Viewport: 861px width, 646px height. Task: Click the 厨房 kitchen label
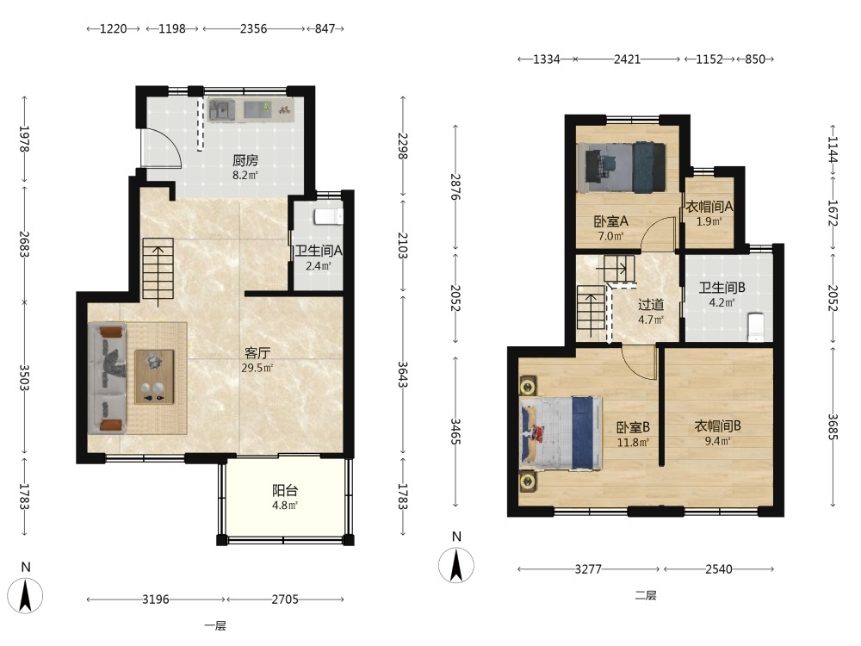245,160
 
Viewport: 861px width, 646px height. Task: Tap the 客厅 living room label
257,352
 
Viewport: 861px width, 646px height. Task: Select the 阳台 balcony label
285,490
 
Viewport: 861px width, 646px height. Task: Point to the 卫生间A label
319,251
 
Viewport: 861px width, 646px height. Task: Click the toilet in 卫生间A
328,217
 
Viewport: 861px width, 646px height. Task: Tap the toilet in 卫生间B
756,327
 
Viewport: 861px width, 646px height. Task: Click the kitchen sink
221,110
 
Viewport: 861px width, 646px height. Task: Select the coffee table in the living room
154,377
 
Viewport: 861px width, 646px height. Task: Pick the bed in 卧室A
621,168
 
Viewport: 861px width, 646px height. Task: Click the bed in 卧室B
561,433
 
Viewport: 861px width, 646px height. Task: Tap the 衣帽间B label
718,425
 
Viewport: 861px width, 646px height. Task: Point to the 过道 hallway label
651,304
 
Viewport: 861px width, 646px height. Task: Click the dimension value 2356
253,28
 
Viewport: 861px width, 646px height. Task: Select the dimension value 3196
155,599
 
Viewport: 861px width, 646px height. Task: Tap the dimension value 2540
718,569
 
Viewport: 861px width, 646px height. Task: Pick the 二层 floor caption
646,595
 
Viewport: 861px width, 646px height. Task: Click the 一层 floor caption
215,625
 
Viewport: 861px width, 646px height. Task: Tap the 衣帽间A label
709,207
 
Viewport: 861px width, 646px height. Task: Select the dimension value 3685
833,426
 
